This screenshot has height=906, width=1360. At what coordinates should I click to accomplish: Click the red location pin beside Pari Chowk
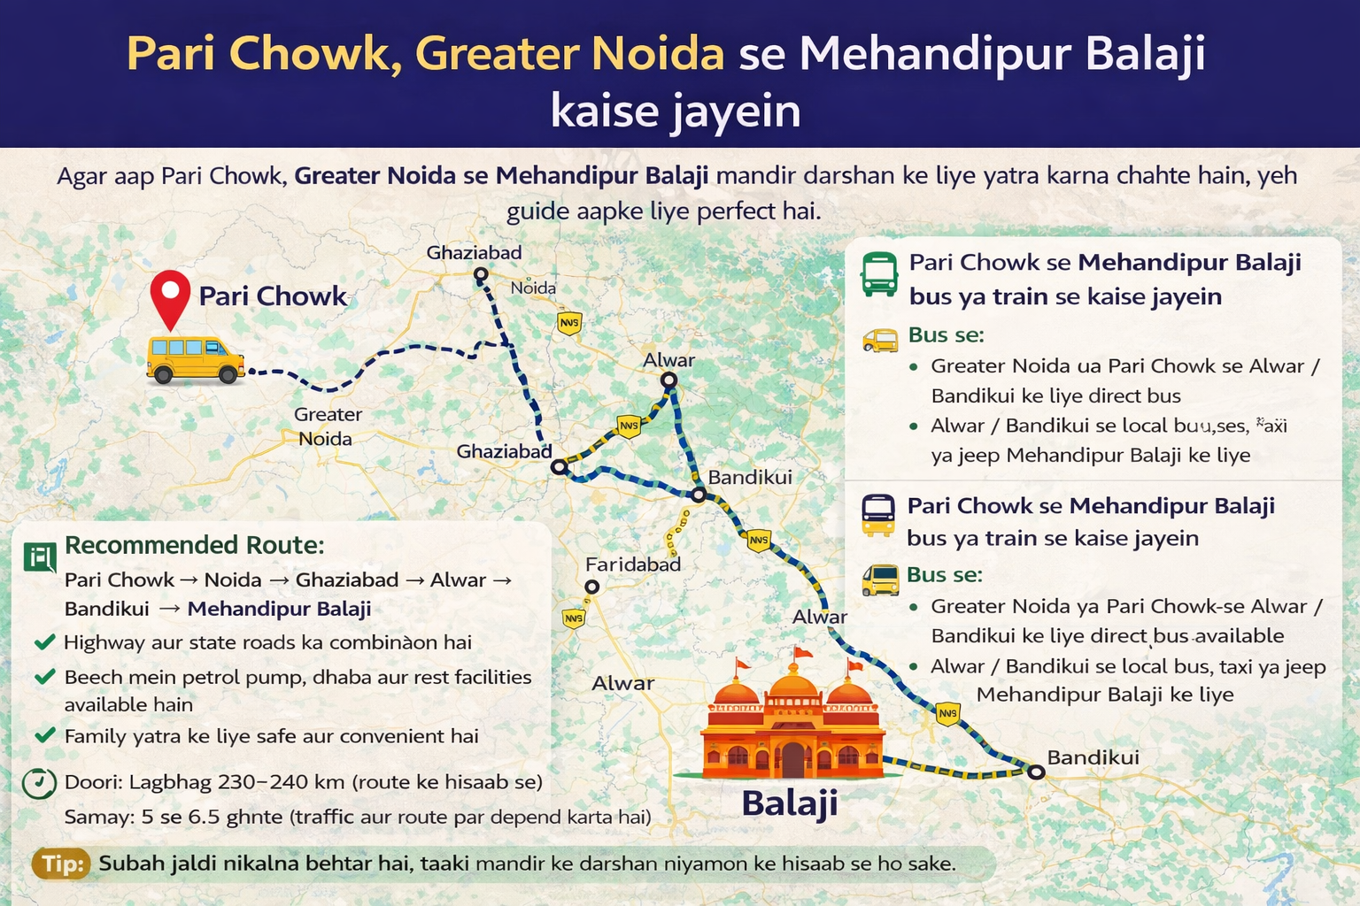pos(170,296)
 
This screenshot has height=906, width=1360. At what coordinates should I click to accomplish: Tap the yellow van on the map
pos(195,359)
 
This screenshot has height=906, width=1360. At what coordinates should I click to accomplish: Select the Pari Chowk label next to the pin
pos(273,296)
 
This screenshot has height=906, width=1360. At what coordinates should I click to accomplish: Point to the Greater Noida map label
pos(327,426)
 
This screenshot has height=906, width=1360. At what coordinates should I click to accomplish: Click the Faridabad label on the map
pos(633,564)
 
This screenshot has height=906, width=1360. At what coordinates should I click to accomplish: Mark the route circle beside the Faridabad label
pos(591,587)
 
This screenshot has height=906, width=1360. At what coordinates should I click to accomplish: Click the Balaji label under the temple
pos(789,803)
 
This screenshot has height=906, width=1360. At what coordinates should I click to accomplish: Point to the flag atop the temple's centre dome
pos(802,653)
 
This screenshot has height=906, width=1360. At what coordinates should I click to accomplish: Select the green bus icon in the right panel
pos(879,273)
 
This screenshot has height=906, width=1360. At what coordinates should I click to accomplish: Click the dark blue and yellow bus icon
pos(878,515)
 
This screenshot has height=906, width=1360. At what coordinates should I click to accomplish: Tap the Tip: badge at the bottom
pos(62,864)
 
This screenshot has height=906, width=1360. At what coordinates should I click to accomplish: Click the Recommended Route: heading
pos(195,545)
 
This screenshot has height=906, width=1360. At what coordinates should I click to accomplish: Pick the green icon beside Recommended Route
pos(40,557)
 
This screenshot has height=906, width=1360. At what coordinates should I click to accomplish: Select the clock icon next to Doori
pos(39,783)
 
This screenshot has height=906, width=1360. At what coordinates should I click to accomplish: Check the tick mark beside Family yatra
pos(45,735)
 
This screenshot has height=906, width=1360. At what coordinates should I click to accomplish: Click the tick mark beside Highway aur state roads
pos(45,641)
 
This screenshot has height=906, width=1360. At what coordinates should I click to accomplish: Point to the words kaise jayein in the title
pos(676,111)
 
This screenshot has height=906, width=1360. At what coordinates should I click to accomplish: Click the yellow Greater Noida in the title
pos(569,54)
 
